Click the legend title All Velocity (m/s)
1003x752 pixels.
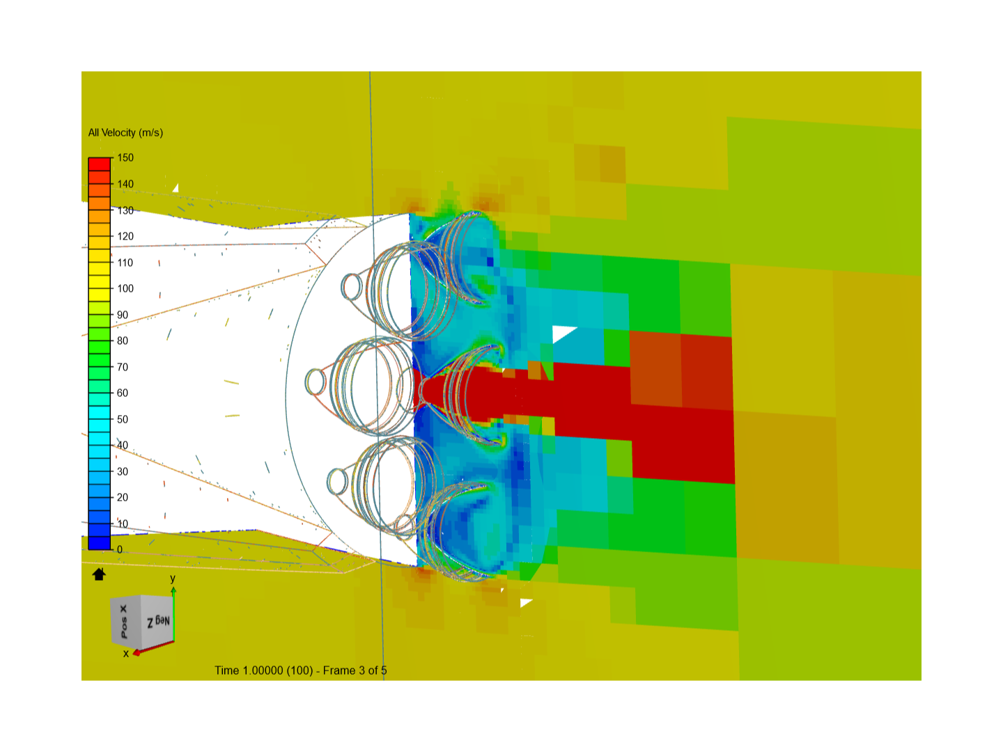(x=125, y=133)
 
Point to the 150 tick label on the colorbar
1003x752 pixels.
(x=125, y=158)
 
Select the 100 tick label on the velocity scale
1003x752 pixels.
(x=125, y=288)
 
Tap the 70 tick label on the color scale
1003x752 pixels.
(x=123, y=367)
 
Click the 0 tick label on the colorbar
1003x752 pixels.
(x=120, y=550)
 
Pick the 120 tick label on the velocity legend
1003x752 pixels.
(x=125, y=237)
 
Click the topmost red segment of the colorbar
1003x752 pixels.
(x=99, y=164)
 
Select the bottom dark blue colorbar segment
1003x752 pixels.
(x=99, y=543)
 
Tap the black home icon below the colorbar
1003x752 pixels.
(x=99, y=574)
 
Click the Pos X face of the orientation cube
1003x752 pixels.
(x=125, y=621)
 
